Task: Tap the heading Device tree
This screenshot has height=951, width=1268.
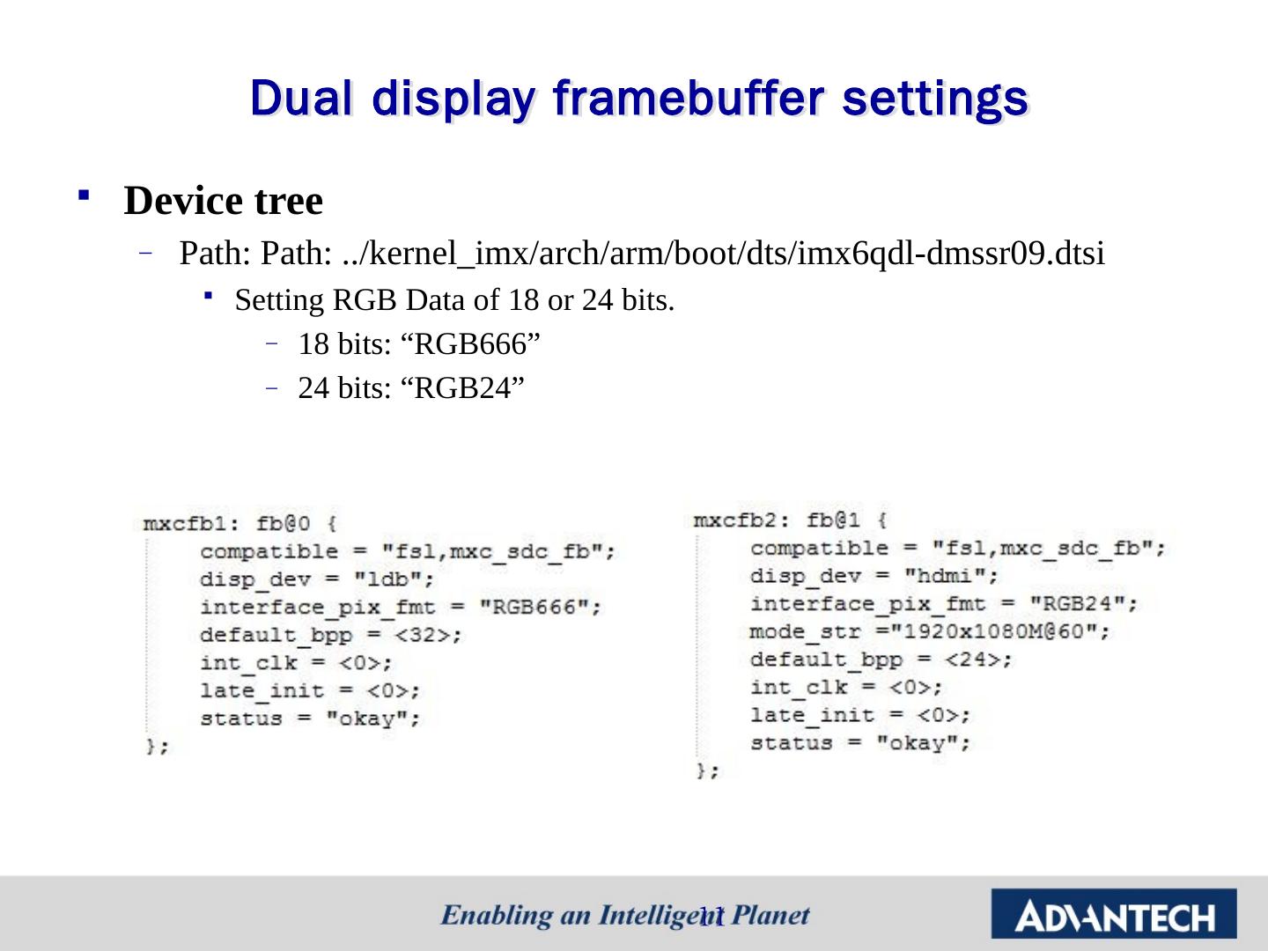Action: point(224,201)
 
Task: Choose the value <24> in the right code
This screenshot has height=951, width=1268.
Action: point(977,660)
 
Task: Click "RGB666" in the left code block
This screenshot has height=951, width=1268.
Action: point(539,608)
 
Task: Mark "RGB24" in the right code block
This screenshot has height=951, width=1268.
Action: point(1082,604)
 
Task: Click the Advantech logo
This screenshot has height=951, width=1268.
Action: point(1114,915)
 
